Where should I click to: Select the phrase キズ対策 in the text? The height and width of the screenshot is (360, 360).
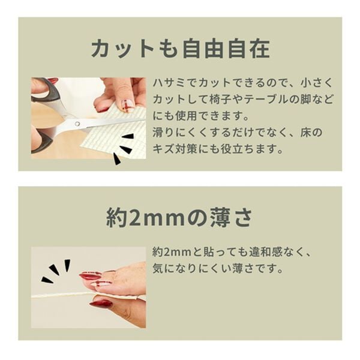(178, 148)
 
